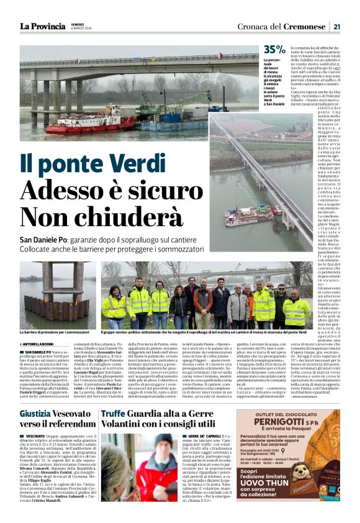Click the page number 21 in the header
(x=336, y=26)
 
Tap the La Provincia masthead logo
(x=42, y=26)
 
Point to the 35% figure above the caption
(x=274, y=49)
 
